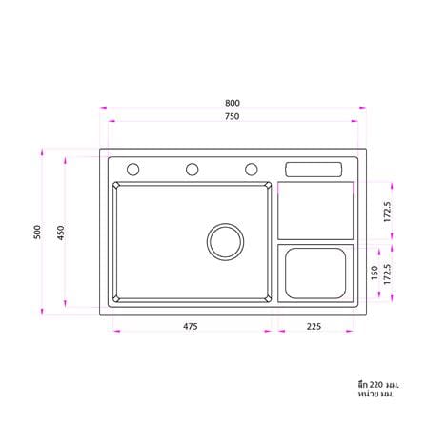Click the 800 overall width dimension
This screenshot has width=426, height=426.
click(x=233, y=103)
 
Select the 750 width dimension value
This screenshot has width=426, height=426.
click(x=233, y=116)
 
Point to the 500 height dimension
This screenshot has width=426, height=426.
click(x=37, y=232)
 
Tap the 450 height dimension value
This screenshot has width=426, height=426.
click(x=60, y=233)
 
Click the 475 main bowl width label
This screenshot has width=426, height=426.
click(x=191, y=326)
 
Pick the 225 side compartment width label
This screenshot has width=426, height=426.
click(x=314, y=326)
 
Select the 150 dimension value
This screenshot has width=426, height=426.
click(x=375, y=273)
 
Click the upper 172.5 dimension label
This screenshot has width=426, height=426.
click(x=387, y=212)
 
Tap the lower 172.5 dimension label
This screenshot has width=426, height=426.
click(x=387, y=274)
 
